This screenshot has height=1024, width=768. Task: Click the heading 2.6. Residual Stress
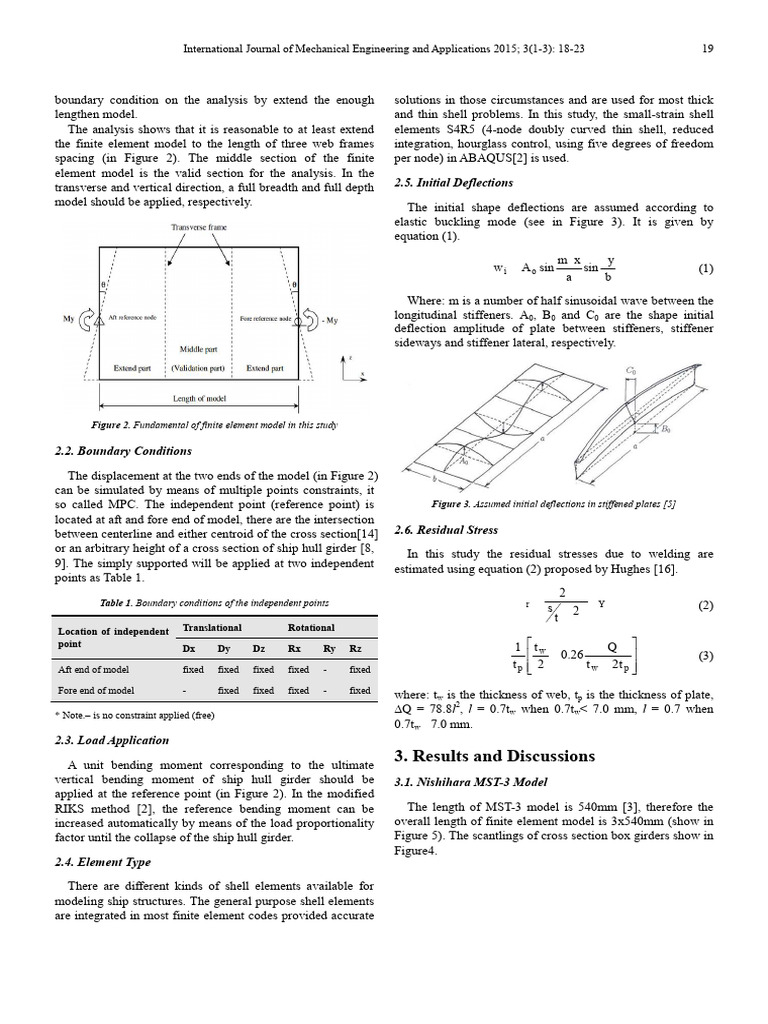point(445,529)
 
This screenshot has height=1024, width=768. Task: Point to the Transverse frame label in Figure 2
point(200,228)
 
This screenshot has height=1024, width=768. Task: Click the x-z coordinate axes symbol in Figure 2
point(352,367)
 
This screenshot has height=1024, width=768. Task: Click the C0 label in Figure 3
point(631,370)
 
